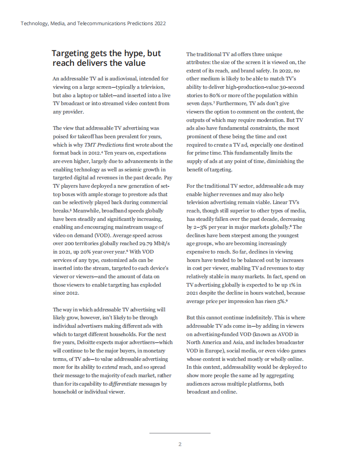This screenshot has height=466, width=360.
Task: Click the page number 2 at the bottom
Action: click(180, 444)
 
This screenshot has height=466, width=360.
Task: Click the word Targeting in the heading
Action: click(71, 53)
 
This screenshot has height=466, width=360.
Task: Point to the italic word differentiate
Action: click(131, 384)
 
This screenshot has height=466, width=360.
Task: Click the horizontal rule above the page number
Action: click(180, 433)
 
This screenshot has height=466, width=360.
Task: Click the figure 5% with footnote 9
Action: click(280, 301)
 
